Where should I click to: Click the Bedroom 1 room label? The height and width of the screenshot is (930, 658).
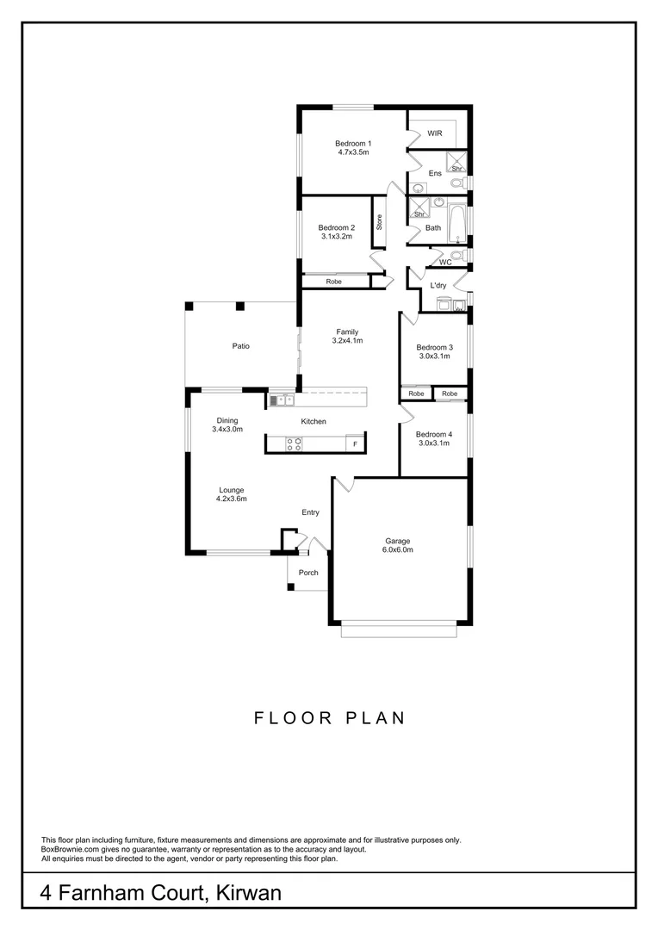point(353,143)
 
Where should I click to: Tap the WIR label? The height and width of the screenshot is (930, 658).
point(434,133)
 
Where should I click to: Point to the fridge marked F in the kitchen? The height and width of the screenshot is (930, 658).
point(351,444)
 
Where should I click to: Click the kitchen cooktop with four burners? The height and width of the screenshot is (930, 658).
point(294,444)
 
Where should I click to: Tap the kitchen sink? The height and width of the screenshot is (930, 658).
point(282,400)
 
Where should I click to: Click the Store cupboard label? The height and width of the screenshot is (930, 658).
point(378,222)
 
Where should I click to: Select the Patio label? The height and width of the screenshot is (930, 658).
point(240,346)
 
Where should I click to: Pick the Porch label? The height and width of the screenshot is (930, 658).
point(308,573)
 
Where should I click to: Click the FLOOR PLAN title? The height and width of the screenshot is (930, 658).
point(329,717)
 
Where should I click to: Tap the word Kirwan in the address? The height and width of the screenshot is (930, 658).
point(245,894)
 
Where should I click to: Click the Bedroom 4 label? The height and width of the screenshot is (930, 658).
point(434,434)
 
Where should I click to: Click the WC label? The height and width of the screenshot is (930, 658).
point(445,262)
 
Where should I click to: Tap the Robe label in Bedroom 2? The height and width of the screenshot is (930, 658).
point(332,282)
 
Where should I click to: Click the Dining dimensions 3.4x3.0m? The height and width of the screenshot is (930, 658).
point(227,429)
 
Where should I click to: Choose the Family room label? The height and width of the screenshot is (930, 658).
point(347,332)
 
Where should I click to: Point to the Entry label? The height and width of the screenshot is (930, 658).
point(310,512)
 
